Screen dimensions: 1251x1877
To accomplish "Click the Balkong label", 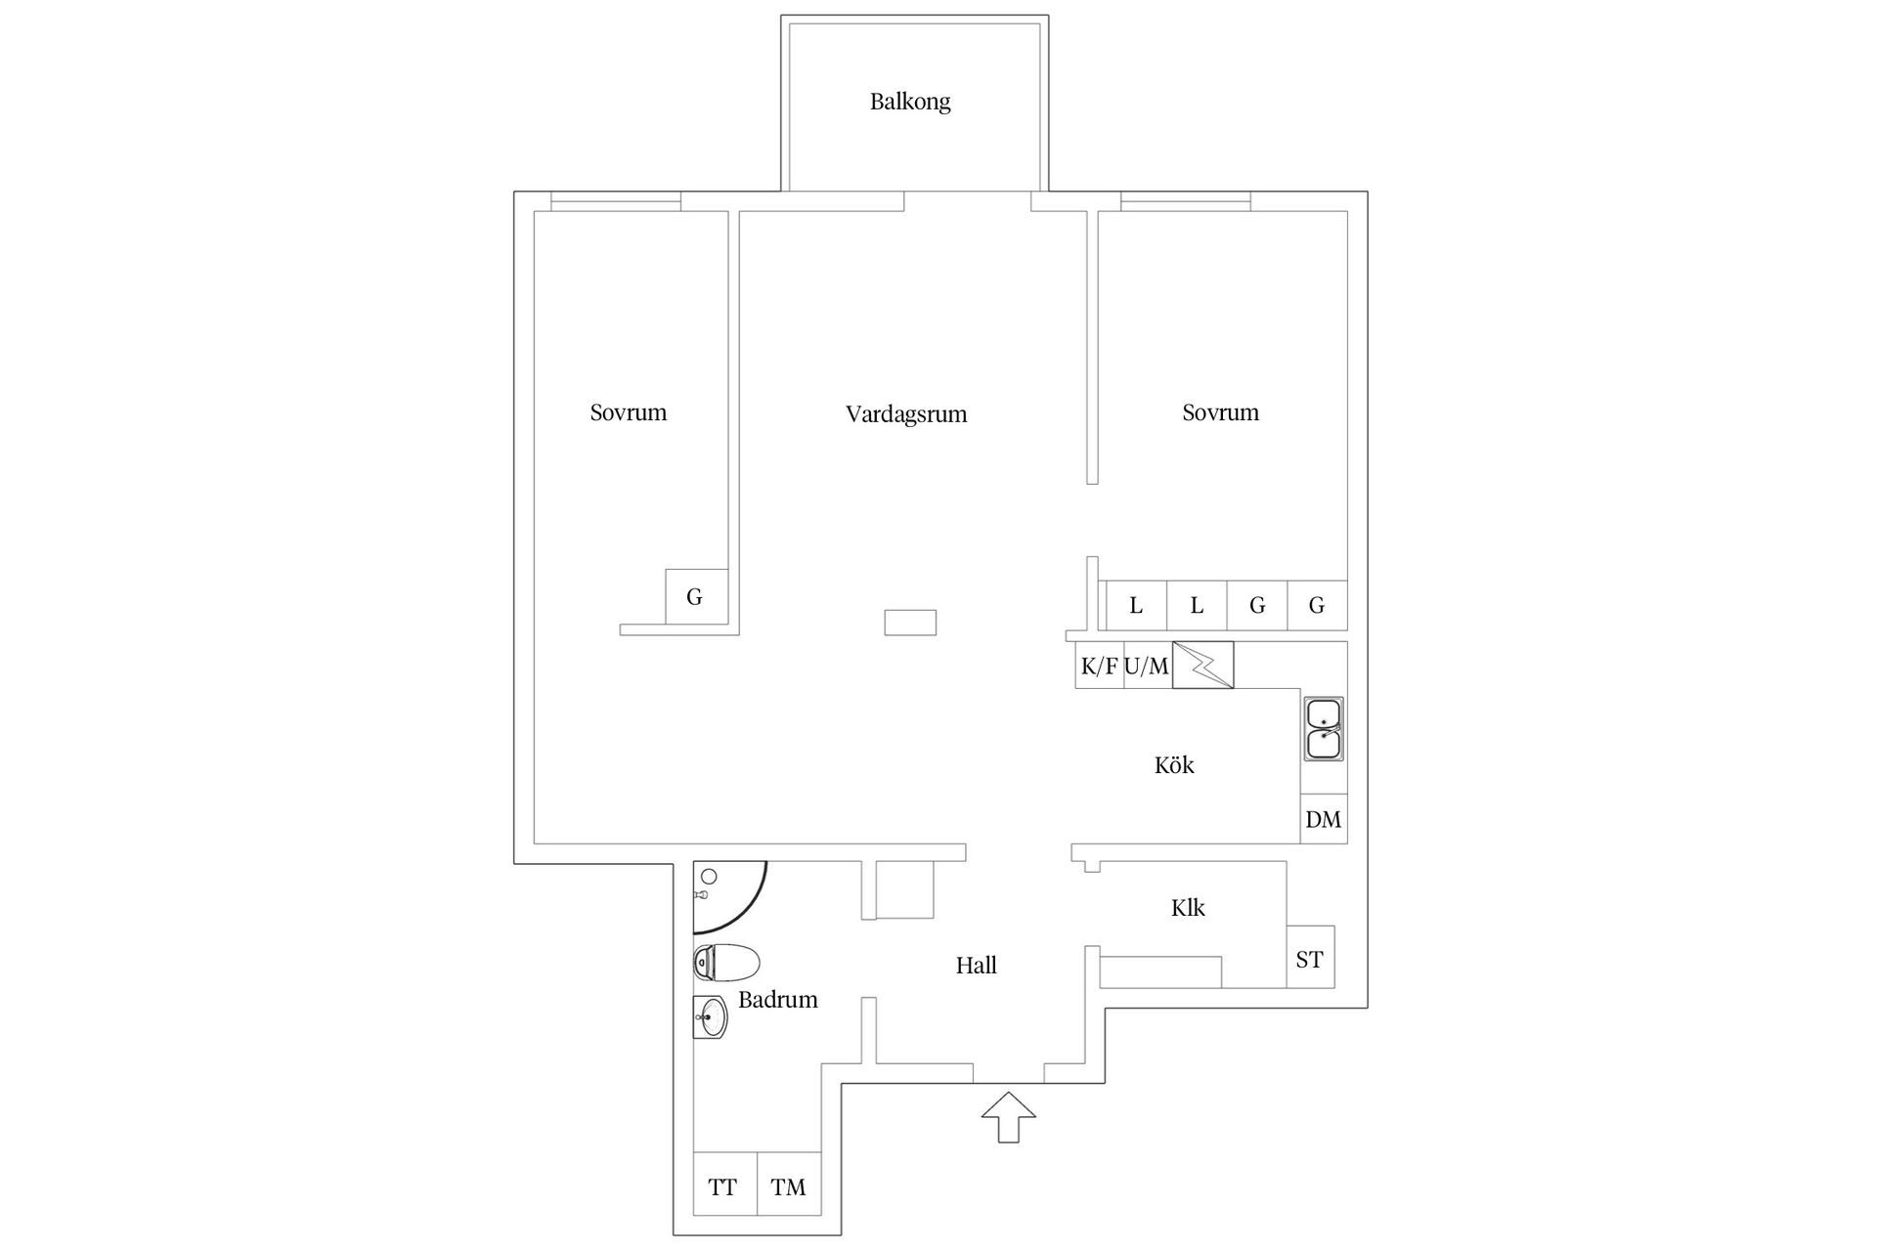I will [x=910, y=102].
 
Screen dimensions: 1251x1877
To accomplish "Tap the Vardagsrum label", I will [x=906, y=414].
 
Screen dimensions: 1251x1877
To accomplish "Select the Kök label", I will [x=1174, y=765].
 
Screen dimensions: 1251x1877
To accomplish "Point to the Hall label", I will [x=976, y=966].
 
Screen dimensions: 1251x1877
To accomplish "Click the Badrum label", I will [x=777, y=1000].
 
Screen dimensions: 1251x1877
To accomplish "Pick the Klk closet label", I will [x=1188, y=908].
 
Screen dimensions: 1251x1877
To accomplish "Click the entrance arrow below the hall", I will [x=1008, y=1117].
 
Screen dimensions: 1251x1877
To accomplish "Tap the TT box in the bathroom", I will [x=723, y=1186].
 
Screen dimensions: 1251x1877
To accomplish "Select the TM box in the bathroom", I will [x=788, y=1186].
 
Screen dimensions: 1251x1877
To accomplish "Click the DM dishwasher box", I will [x=1324, y=820].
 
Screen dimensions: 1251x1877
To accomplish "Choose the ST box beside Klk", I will [x=1309, y=959].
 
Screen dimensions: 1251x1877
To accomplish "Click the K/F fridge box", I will [x=1099, y=666].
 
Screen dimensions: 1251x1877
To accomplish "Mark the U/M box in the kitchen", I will [x=1147, y=666].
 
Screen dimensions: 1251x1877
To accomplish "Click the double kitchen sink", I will [x=1324, y=729].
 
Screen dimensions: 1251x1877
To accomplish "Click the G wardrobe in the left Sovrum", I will [x=695, y=596].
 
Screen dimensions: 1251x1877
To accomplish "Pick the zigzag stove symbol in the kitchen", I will [x=1202, y=665].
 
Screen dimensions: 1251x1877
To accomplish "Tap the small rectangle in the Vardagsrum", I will [x=910, y=622].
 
